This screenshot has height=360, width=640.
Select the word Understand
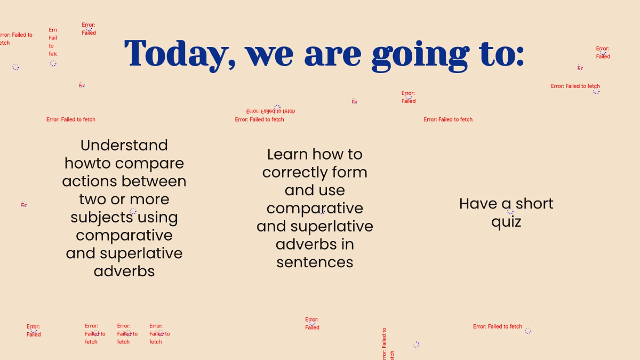pyautogui.click(x=124, y=145)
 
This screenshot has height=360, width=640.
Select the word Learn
pyautogui.click(x=287, y=155)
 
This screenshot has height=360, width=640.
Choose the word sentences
pyautogui.click(x=315, y=262)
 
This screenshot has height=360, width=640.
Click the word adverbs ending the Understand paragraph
pyautogui.click(x=124, y=271)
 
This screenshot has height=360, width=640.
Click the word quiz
pyautogui.click(x=506, y=222)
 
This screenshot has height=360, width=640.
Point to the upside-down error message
pyautogui.click(x=270, y=111)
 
